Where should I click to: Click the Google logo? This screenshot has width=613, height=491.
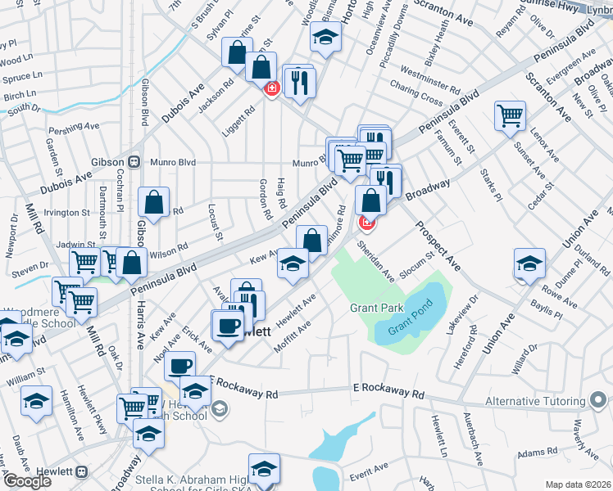tap(26, 481)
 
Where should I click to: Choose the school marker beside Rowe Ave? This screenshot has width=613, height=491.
tap(529, 264)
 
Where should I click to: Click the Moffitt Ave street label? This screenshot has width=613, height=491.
tap(293, 335)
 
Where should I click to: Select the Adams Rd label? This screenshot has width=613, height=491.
tap(538, 451)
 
